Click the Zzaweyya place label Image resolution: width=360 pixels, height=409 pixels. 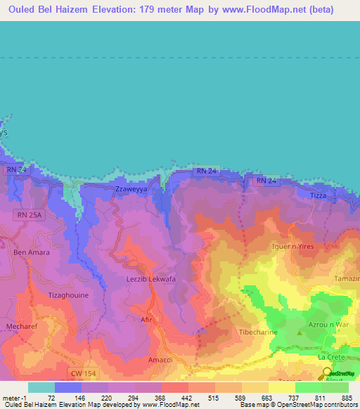point(130,190)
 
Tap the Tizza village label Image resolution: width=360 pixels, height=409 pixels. point(319,195)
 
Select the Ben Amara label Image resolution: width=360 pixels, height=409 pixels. point(30,252)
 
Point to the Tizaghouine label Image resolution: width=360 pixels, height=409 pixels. point(68,295)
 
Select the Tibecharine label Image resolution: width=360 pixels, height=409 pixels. point(258,332)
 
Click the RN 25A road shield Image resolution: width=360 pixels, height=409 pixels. point(30,214)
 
